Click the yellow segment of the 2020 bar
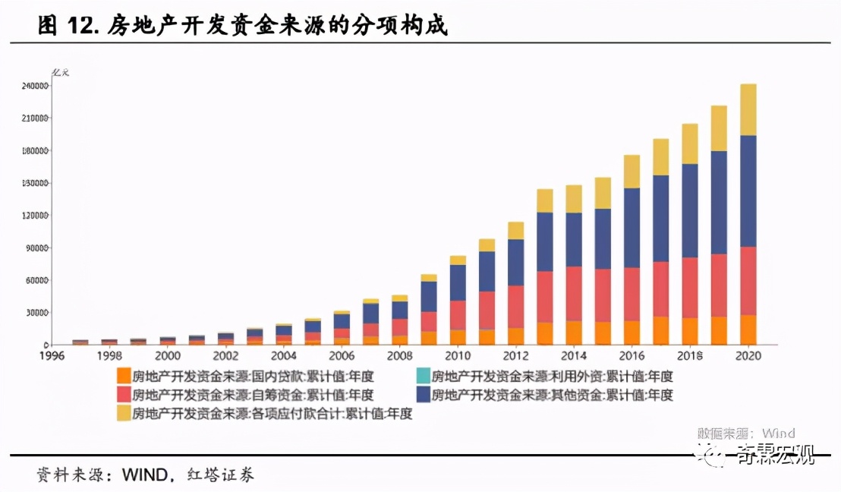[x=748, y=109]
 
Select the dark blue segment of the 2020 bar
[x=748, y=191]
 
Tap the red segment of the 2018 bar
[x=690, y=288]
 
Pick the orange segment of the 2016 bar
[x=632, y=333]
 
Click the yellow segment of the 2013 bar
[x=544, y=200]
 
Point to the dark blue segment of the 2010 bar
[x=458, y=282]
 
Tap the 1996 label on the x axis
[x=52, y=355]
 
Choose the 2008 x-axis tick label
[x=399, y=355]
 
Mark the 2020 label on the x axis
[x=748, y=355]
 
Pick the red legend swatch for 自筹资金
[x=124, y=395]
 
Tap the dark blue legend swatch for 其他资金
[x=423, y=395]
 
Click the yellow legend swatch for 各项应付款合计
[x=124, y=414]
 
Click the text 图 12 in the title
[x=68, y=27]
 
